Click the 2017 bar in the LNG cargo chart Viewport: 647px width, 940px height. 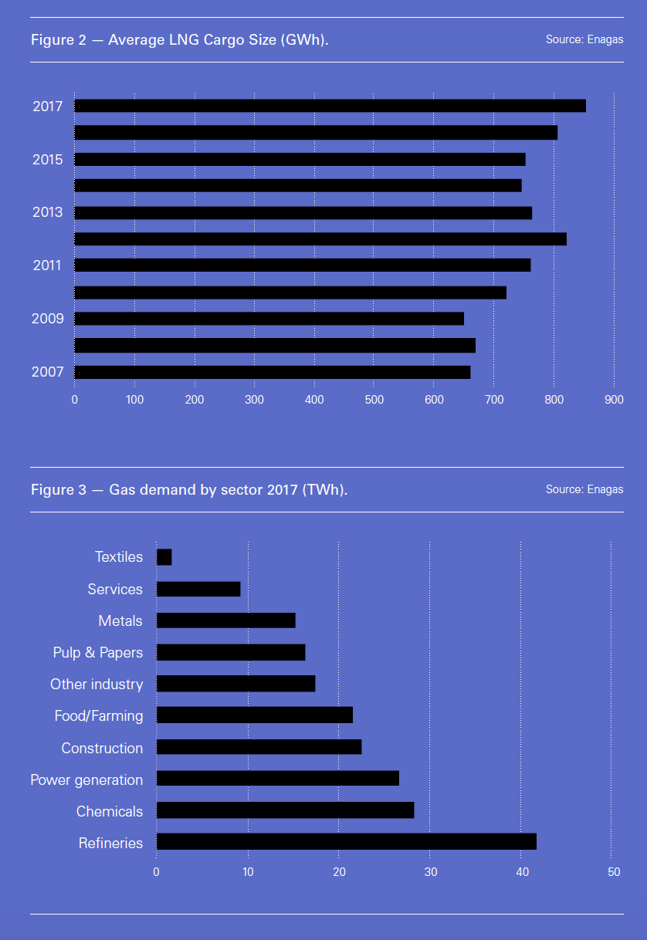pyautogui.click(x=330, y=106)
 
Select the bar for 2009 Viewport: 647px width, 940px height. pyautogui.click(x=269, y=319)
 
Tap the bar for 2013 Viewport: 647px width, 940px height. pyautogui.click(x=303, y=213)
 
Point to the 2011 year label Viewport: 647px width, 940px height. pyautogui.click(x=47, y=265)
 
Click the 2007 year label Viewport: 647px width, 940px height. pyautogui.click(x=47, y=372)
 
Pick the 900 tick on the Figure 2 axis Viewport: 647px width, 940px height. pyautogui.click(x=614, y=400)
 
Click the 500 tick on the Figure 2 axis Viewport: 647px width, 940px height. pyautogui.click(x=374, y=400)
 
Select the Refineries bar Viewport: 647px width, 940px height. pyautogui.click(x=346, y=842)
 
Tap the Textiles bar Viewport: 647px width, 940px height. pyautogui.click(x=164, y=557)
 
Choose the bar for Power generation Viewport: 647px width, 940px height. pyautogui.click(x=277, y=778)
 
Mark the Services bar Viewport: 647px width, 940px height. pyautogui.click(x=198, y=589)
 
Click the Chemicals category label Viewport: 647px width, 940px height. pyautogui.click(x=110, y=811)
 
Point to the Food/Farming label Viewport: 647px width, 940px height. pyautogui.click(x=99, y=716)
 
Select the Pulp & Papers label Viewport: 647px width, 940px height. pyautogui.click(x=98, y=652)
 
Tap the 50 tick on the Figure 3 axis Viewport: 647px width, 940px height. pyautogui.click(x=613, y=872)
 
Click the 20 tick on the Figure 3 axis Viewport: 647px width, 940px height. pyautogui.click(x=338, y=872)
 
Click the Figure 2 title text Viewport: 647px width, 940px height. pyautogui.click(x=180, y=40)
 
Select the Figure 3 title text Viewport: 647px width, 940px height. pyautogui.click(x=189, y=490)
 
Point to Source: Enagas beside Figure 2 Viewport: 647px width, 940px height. pyautogui.click(x=584, y=39)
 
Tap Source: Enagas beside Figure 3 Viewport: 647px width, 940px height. pyautogui.click(x=584, y=489)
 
